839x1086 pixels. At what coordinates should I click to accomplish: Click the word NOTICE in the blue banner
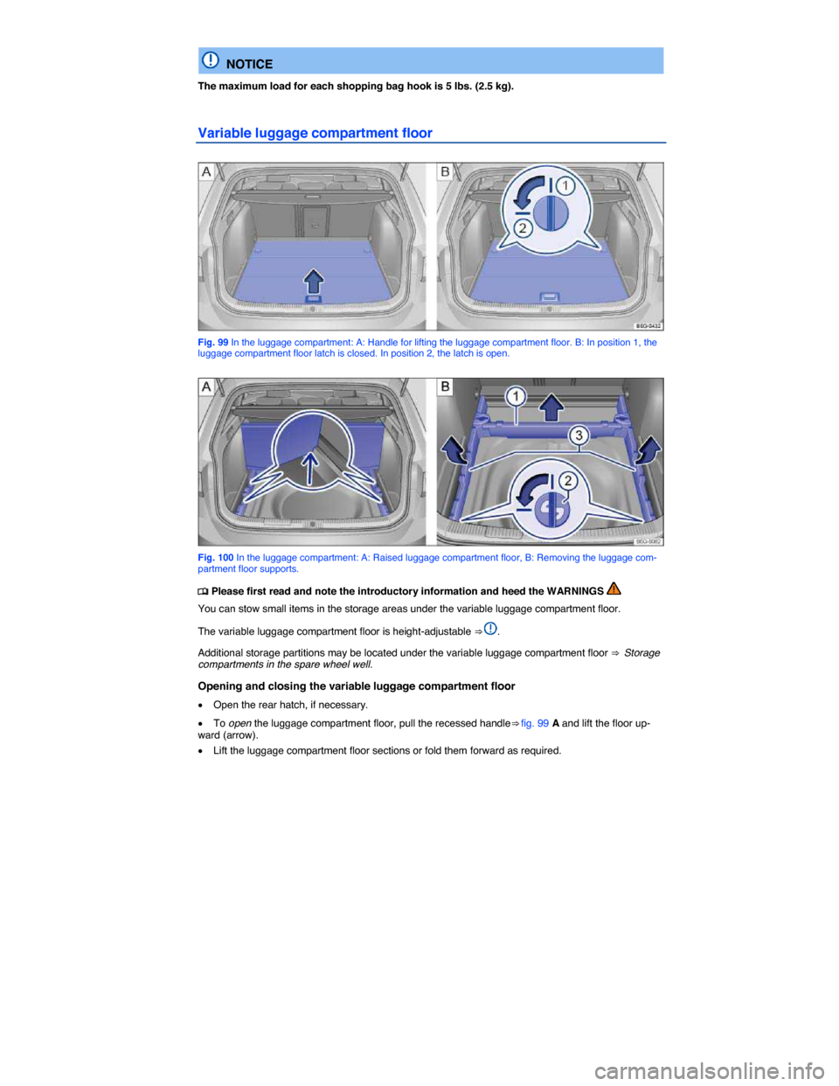point(249,64)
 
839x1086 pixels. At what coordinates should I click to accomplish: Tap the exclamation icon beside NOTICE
point(211,60)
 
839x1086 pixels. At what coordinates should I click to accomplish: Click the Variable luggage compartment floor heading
point(315,133)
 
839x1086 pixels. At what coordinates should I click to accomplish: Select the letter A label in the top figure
point(207,171)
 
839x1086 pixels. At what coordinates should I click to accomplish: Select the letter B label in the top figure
point(445,171)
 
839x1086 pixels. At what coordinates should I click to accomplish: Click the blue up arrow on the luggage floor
point(314,282)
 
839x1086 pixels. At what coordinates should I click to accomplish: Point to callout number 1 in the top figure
point(566,186)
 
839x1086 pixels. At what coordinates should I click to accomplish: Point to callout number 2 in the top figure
point(522,228)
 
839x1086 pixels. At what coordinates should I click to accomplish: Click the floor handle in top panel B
point(549,298)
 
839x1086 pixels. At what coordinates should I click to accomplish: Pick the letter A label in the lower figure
point(207,386)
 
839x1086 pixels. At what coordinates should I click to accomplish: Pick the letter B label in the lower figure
point(445,386)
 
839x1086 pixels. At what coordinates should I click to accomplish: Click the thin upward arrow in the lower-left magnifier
point(307,468)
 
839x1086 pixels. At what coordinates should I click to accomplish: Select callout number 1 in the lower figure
point(517,397)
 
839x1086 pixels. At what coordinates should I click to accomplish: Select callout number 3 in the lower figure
point(579,435)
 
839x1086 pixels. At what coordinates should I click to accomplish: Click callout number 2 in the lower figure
point(567,481)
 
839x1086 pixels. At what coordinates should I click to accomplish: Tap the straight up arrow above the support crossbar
point(550,406)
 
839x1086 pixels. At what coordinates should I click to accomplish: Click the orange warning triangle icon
point(614,589)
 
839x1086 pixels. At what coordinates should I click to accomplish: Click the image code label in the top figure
point(648,325)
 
